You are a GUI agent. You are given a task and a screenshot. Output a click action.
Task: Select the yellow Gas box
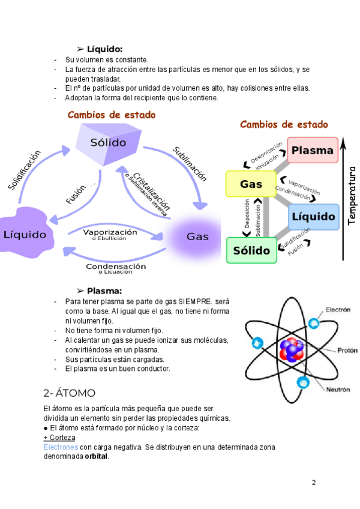point(251,184)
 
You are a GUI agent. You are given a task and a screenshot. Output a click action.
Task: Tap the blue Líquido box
point(313,216)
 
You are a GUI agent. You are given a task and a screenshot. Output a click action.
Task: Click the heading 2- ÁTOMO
point(70,393)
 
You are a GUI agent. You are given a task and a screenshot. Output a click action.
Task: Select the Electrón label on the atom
point(338,310)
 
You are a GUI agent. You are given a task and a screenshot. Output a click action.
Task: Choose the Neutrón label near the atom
point(338,390)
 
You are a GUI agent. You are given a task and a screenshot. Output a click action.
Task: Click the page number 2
point(313,483)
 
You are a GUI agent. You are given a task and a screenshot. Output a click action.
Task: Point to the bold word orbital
point(97,456)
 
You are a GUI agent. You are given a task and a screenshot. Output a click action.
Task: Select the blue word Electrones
point(61,447)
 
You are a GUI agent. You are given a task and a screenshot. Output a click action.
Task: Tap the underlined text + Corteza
point(59,438)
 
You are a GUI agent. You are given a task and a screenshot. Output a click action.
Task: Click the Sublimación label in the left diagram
point(190,163)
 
